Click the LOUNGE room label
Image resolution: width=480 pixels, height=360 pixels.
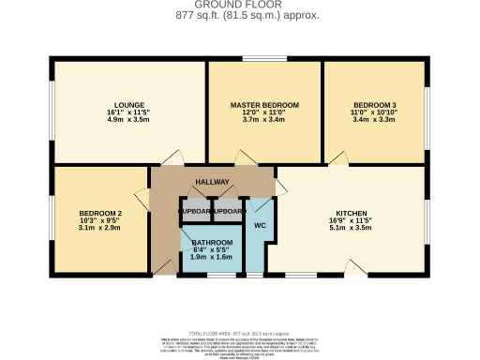point(127,104)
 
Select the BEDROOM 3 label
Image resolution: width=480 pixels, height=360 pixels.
point(374,104)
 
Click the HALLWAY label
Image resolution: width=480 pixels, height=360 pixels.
point(212,181)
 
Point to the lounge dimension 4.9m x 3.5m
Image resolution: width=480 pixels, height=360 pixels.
point(127,121)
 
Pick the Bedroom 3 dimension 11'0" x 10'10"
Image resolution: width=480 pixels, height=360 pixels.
point(374,112)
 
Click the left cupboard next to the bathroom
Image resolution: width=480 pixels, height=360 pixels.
point(196,212)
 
